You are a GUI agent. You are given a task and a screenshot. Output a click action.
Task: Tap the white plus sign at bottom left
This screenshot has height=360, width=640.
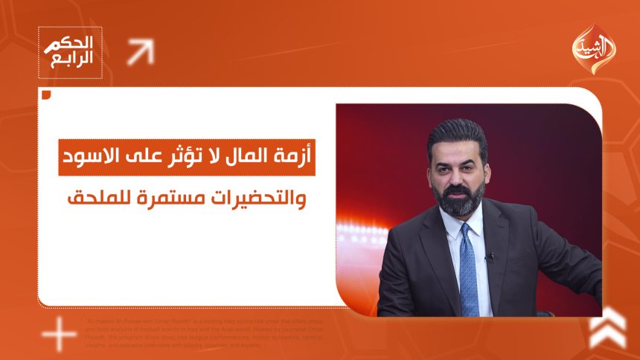tap(59, 335)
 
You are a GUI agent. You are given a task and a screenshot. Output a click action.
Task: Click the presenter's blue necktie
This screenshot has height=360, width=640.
tap(467, 268)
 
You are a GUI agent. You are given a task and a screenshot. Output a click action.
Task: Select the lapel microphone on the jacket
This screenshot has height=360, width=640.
tap(489, 257)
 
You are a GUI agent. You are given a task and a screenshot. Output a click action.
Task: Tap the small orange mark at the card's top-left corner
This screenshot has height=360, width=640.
tap(47, 94)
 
